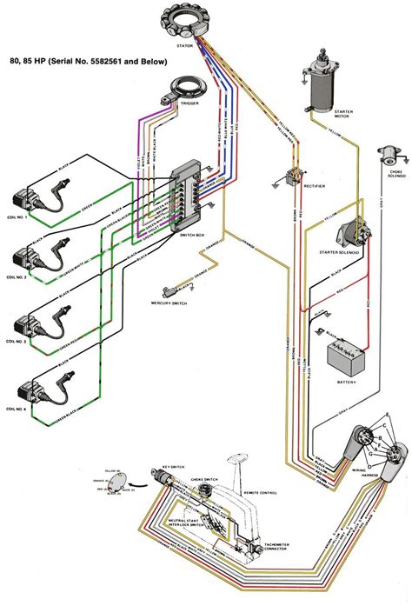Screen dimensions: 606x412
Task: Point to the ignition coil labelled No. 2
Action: [x=33, y=258]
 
